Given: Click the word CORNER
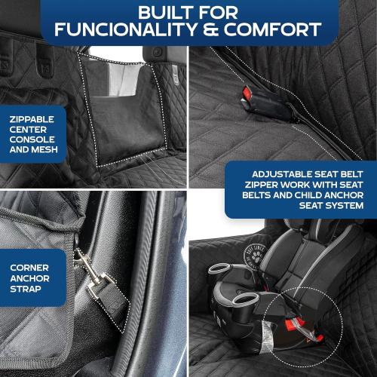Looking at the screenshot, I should (x=29, y=267).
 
